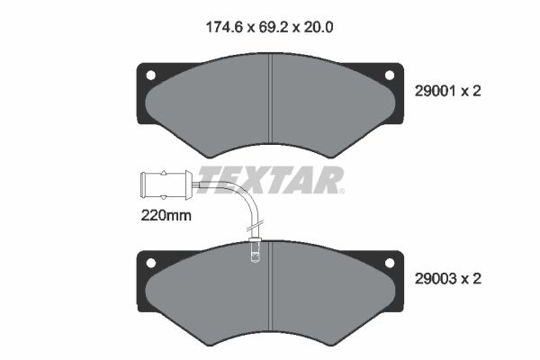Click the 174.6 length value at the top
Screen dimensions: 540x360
click(x=224, y=27)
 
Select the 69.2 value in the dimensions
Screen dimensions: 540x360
click(x=274, y=27)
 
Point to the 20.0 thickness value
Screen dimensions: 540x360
click(x=319, y=27)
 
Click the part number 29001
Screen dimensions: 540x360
click(x=436, y=91)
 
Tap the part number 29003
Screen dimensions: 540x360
click(x=436, y=279)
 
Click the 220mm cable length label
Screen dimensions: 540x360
click(x=166, y=216)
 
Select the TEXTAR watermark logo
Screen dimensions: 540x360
click(x=270, y=180)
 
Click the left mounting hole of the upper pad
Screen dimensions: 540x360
click(x=151, y=75)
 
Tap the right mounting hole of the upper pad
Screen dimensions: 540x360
click(x=390, y=75)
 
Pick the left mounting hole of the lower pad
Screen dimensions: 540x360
click(x=151, y=263)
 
